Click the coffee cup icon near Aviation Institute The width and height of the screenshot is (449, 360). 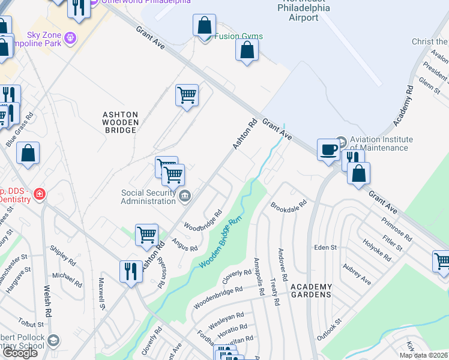click(x=328, y=148)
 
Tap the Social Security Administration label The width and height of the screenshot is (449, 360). click(x=148, y=197)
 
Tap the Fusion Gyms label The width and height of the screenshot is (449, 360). click(x=238, y=36)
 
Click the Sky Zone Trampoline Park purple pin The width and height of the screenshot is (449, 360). click(x=71, y=37)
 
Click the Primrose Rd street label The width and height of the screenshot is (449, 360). click(x=396, y=228)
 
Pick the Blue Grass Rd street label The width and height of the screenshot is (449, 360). click(x=20, y=131)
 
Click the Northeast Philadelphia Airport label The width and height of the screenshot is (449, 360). click(x=304, y=10)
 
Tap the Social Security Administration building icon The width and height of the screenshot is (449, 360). click(x=185, y=194)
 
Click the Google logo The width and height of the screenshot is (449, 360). click(x=20, y=353)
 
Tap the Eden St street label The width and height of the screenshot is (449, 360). click(x=326, y=247)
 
